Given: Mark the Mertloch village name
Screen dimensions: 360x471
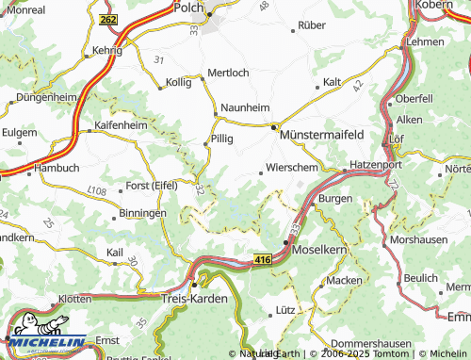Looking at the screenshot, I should click(228, 73).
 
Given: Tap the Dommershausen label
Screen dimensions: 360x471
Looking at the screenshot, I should click(368, 344).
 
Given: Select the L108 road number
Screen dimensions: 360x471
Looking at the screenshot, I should click(96, 191).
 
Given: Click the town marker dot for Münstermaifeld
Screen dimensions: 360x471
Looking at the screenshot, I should click(275, 127).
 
